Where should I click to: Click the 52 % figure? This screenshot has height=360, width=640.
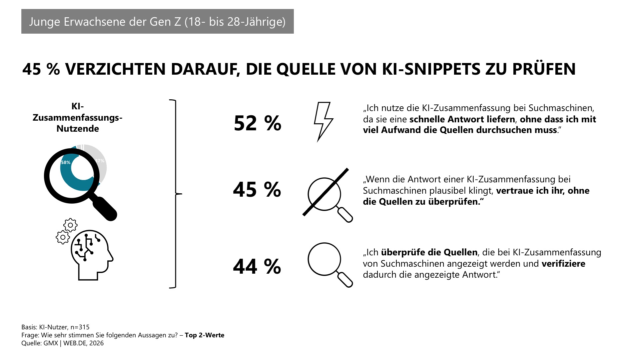257,123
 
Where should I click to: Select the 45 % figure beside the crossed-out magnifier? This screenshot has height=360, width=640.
257,190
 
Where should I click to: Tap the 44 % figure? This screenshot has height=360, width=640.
257,266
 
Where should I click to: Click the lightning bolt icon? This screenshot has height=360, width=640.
323,121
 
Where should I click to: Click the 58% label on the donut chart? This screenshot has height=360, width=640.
66,163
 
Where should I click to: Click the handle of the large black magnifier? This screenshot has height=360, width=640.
105,208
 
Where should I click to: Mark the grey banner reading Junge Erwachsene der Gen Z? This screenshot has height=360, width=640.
157,21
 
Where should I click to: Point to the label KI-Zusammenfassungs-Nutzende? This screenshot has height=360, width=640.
78,118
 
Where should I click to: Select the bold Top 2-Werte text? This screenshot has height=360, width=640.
204,335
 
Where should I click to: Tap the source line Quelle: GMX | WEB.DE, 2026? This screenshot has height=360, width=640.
62,343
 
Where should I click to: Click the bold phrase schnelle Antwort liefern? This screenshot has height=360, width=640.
462,119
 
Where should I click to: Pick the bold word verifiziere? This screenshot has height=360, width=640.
563,264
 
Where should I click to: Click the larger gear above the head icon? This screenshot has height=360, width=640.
70,225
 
